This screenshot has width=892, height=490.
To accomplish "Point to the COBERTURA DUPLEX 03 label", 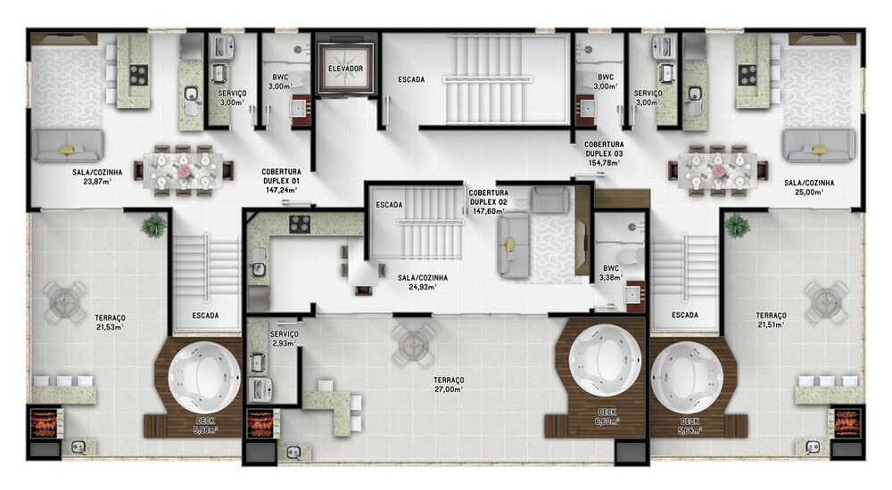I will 604,152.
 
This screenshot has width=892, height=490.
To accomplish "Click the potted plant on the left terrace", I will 154,225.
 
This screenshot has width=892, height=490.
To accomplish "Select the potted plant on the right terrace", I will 737,225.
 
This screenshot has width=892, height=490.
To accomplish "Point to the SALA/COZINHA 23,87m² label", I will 92,176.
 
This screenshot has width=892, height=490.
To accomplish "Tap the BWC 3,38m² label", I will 611,272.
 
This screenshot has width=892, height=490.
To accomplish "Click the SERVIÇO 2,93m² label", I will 285,338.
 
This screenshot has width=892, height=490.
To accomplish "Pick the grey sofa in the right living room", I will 819,144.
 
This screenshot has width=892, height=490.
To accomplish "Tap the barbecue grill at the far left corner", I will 44,422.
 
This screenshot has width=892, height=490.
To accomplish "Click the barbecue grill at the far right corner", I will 846,422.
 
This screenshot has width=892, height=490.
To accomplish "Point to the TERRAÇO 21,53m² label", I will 110,322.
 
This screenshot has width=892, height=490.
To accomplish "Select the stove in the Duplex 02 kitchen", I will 300,224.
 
